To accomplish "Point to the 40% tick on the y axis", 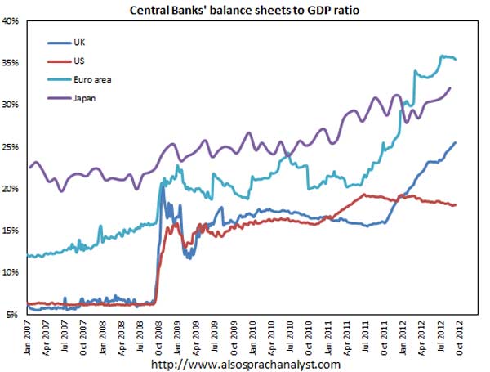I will pyautogui.click(x=12, y=21).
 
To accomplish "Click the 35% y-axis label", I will pyautogui.click(x=12, y=63).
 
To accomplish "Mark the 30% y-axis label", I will pyautogui.click(x=12, y=105).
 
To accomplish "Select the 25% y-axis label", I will pyautogui.click(x=12, y=147).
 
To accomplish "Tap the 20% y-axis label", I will pyautogui.click(x=12, y=189).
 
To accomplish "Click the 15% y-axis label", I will pyautogui.click(x=12, y=231).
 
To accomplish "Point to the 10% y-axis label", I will pyautogui.click(x=12, y=273).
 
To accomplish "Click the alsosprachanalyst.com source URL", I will pyautogui.click(x=245, y=363).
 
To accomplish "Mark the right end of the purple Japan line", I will pyautogui.click(x=450, y=87).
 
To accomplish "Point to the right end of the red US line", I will pyautogui.click(x=455, y=204).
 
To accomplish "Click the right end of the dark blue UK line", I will pyautogui.click(x=455, y=142).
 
